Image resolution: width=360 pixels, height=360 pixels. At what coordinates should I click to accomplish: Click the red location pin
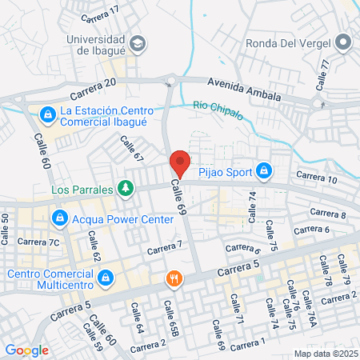pos(180,163)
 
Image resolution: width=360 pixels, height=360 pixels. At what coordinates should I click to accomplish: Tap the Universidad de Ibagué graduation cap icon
pos(137,42)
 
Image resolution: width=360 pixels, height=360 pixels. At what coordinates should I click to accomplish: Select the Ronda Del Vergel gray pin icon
pos(345,42)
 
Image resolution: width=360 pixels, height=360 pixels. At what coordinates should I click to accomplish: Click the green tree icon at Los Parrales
pos(125,189)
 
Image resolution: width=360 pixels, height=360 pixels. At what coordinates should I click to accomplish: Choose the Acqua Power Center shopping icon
pos(60,218)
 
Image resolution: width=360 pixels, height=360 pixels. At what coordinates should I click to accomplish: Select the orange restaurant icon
pos(172,279)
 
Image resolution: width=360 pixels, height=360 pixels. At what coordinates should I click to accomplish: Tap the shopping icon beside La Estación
pos(48,114)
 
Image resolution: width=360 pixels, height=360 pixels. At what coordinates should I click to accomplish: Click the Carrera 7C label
pos(42,242)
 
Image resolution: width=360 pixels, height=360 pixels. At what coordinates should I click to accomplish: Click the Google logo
pos(27,350)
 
